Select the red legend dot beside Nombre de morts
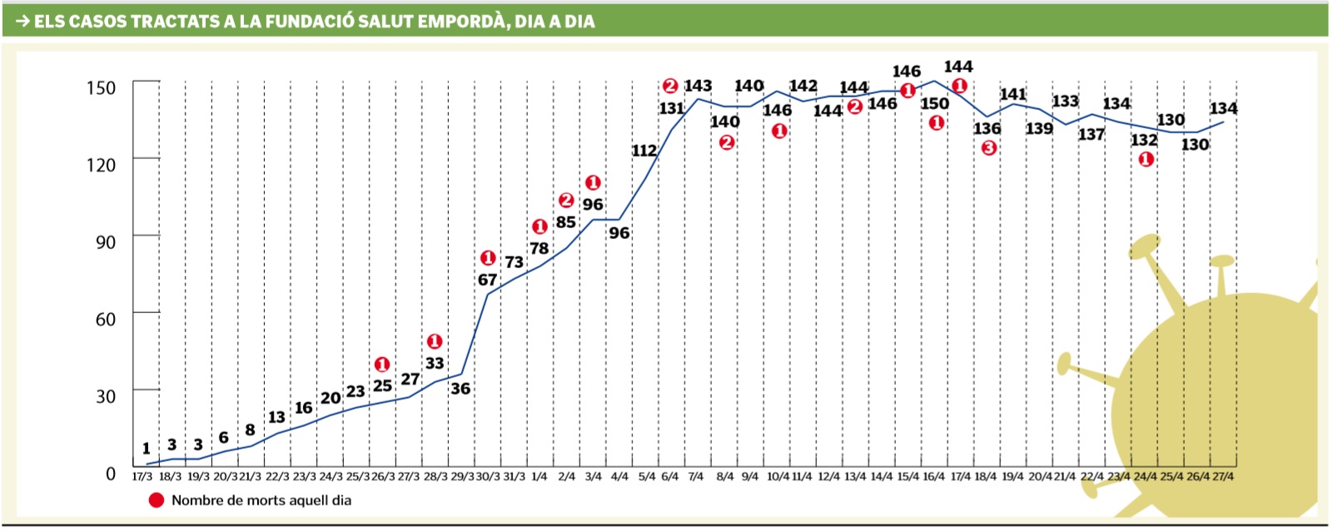[156, 500]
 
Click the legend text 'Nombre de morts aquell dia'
[261, 500]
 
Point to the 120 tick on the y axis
[101, 164]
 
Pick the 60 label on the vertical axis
[105, 319]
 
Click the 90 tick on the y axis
[105, 241]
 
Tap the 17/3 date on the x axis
[142, 477]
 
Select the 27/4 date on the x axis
[1222, 477]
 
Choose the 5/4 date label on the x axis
[646, 477]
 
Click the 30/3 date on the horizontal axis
[489, 477]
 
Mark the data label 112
[644, 151]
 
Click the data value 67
[487, 280]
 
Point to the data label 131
[671, 108]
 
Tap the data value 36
[460, 389]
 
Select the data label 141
[1012, 94]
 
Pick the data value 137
[1091, 134]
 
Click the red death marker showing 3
[988, 148]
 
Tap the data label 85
[566, 222]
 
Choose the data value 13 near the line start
[276, 417]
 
